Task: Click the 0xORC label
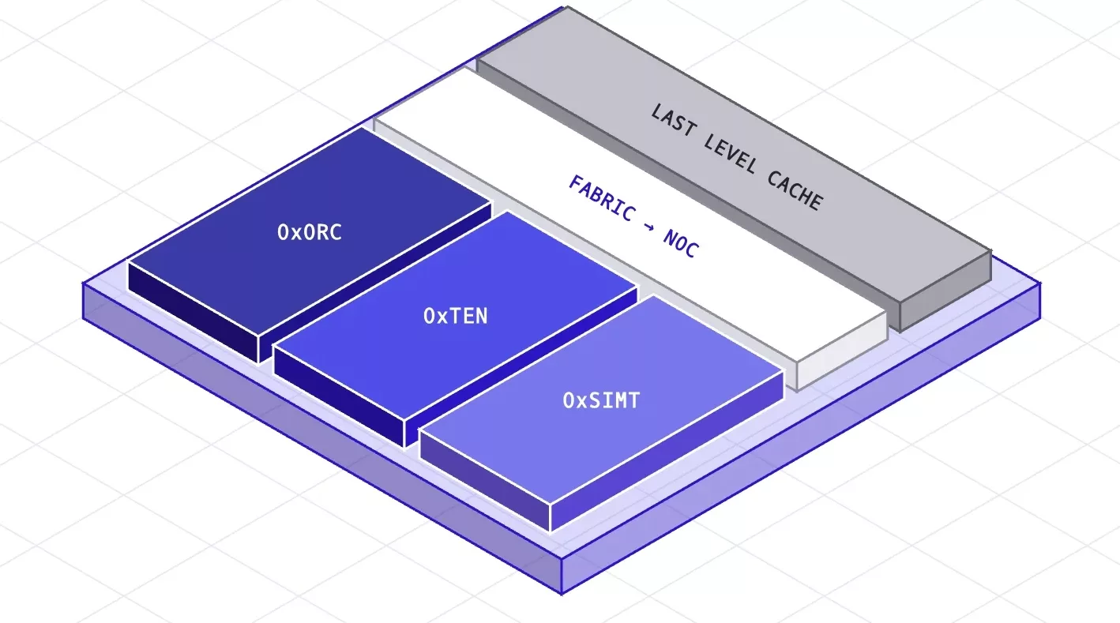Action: (310, 232)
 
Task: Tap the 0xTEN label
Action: (456, 316)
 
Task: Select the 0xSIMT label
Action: (602, 400)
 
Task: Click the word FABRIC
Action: (602, 198)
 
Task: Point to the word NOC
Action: (681, 243)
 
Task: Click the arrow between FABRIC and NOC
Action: (649, 226)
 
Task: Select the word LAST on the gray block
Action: (673, 119)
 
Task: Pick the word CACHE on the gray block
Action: (795, 190)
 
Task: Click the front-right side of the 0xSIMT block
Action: (667, 451)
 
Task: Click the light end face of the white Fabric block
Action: (842, 351)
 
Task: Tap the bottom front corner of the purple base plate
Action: (562, 595)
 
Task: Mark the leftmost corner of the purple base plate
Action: (83, 283)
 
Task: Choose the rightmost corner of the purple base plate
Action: (1040, 283)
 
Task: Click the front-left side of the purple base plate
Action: (322, 439)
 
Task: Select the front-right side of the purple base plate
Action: (801, 439)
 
